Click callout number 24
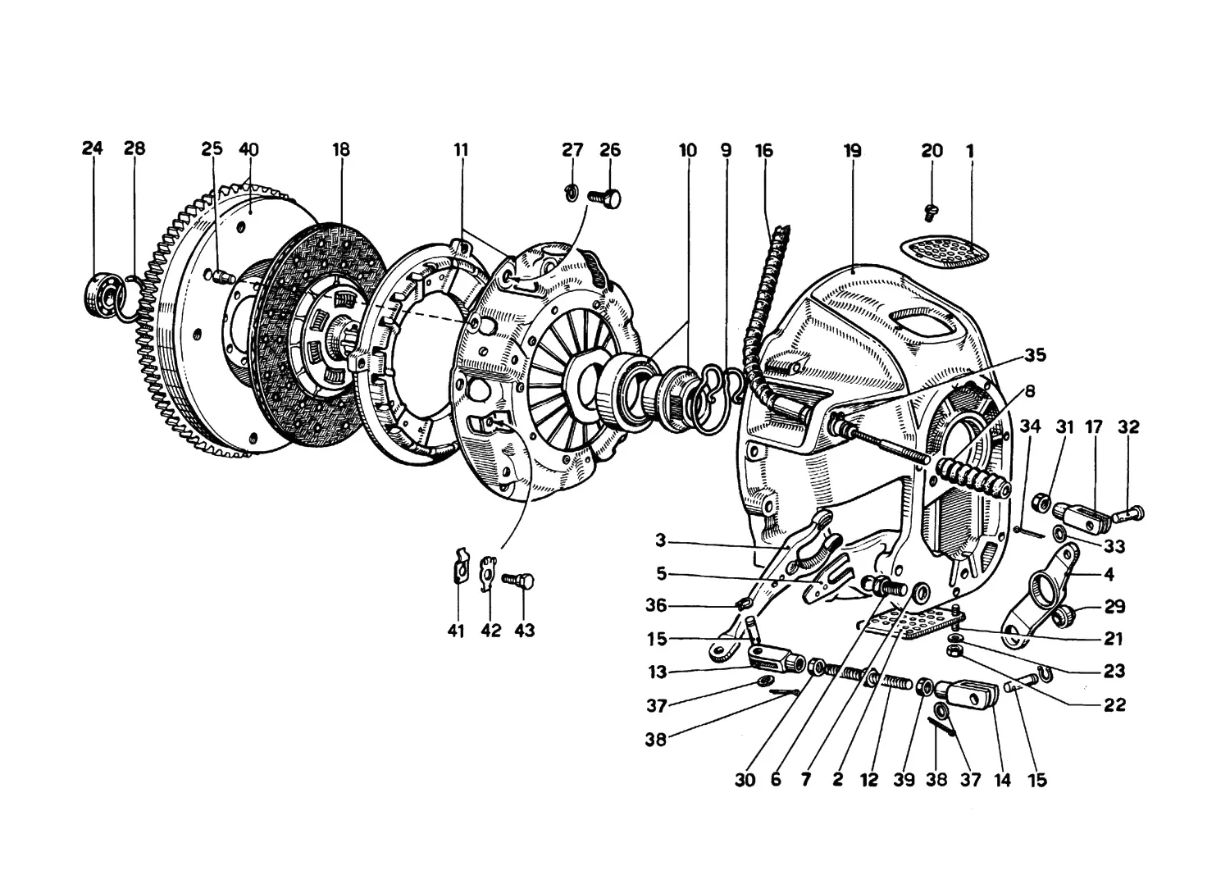pos(92,148)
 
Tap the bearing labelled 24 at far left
pos(106,294)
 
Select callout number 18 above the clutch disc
pos(341,149)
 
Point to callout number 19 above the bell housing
pos(852,151)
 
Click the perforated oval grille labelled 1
pos(944,252)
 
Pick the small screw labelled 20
pos(930,212)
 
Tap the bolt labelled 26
pos(604,197)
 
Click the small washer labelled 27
pos(571,193)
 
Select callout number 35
pos(1035,355)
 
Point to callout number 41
pos(456,631)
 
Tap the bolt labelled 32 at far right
pos(1127,514)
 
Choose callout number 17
pos(1094,426)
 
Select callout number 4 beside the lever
pos(1109,574)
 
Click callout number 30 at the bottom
pos(745,780)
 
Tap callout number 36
pos(656,605)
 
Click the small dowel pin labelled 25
pos(223,276)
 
